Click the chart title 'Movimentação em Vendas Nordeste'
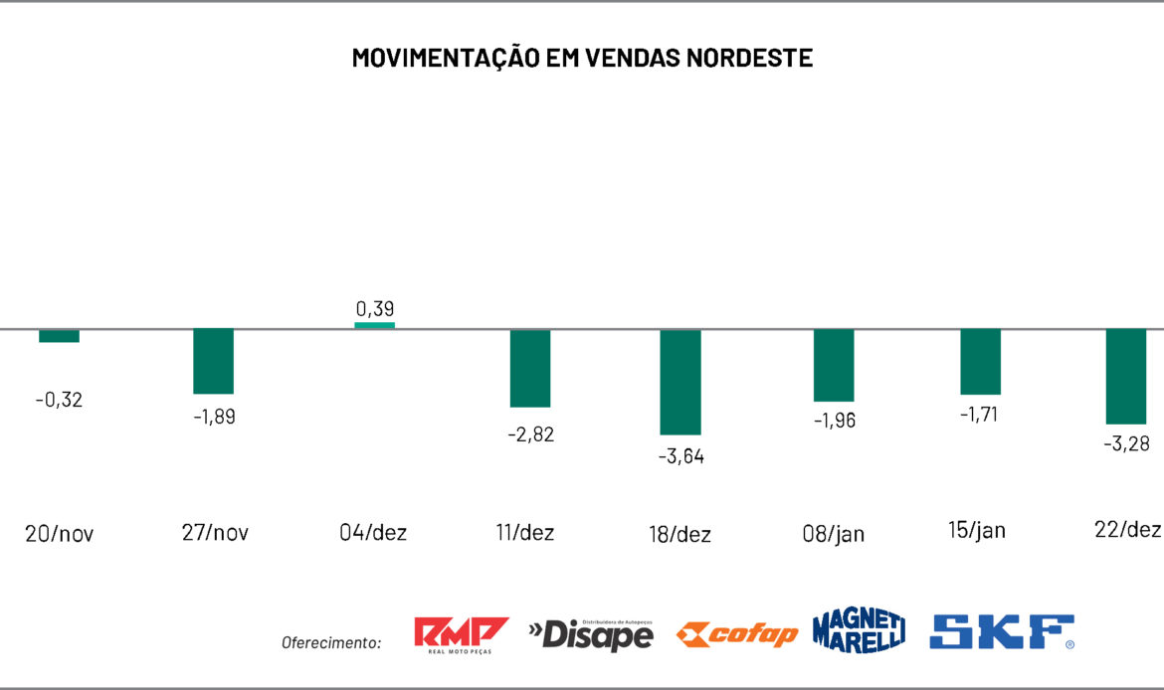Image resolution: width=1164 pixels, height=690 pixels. point(582,58)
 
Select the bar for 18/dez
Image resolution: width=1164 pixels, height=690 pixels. point(680,382)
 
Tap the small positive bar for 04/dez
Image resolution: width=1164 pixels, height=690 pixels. point(375,325)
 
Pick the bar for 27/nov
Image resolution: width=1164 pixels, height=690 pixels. point(213,361)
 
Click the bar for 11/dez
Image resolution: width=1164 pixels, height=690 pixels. point(530,368)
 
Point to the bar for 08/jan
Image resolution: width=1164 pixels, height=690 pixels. point(834,365)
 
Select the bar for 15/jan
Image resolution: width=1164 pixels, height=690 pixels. point(980,362)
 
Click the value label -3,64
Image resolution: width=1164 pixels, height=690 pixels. point(680,456)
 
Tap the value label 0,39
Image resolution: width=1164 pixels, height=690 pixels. point(375,309)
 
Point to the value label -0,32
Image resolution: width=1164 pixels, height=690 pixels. point(59,400)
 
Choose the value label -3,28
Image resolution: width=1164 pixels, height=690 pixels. point(1126,443)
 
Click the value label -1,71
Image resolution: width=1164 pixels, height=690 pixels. point(980,414)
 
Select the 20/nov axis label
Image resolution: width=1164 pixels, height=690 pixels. point(59,533)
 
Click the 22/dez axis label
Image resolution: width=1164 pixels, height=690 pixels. point(1126,530)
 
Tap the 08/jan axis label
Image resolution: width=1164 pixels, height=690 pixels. point(834,534)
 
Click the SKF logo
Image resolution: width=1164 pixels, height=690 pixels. point(1002,632)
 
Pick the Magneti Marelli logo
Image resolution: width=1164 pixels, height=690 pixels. point(859,630)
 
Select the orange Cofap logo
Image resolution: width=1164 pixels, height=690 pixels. point(736,634)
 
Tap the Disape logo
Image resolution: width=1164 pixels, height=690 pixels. point(591,633)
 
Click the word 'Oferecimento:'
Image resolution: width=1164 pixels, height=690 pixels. point(331,643)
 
